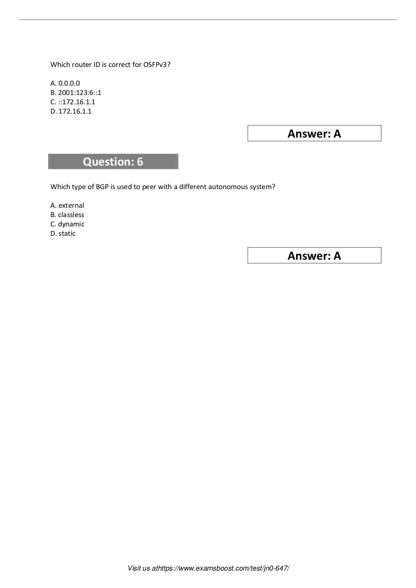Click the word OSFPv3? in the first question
[157, 65]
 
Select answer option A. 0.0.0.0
[65, 84]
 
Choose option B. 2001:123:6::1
[76, 93]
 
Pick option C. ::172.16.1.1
[73, 102]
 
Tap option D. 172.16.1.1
[71, 112]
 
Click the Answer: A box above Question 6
[314, 134]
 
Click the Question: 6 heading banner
[113, 162]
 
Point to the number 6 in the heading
[140, 162]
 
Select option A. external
[67, 206]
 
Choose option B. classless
[67, 215]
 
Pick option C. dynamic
[67, 224]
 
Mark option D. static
[63, 234]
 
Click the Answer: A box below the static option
[314, 256]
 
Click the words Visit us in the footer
[139, 569]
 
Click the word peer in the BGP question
[149, 187]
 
